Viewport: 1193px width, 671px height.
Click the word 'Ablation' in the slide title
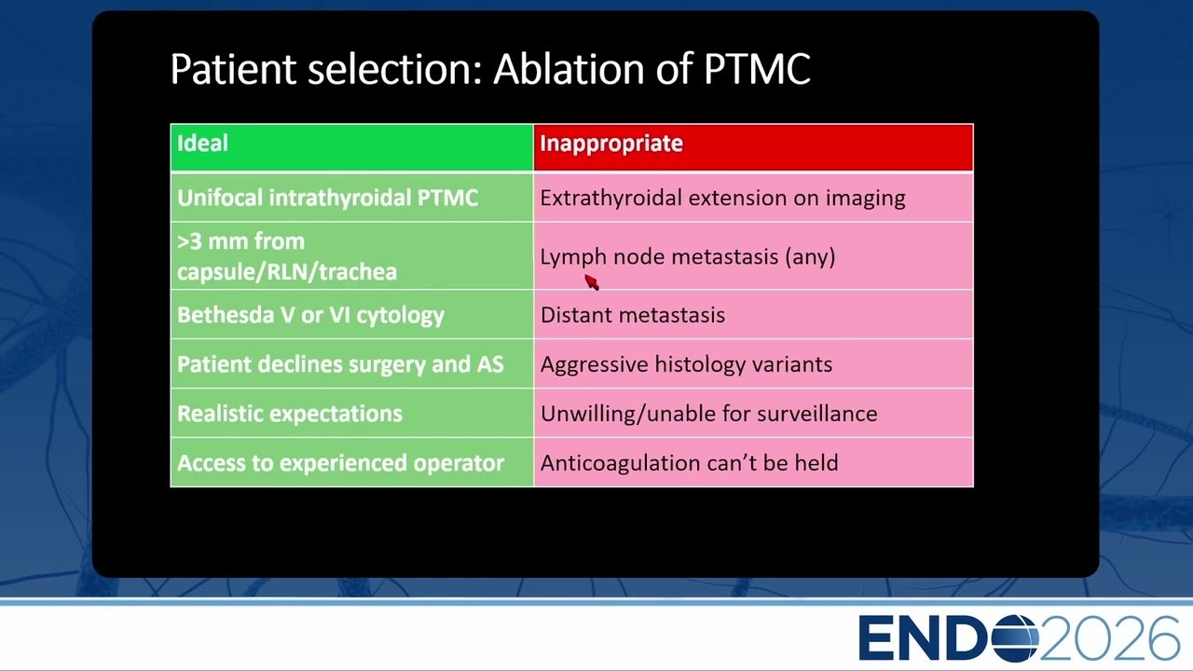pos(569,69)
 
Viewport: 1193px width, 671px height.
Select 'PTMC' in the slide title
pos(757,69)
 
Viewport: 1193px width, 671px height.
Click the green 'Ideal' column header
pos(351,147)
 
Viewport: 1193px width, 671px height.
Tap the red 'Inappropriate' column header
pos(753,147)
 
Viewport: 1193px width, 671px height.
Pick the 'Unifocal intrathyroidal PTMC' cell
pos(351,198)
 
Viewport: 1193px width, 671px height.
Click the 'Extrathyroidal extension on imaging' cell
pos(753,198)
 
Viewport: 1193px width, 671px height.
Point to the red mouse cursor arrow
pos(591,281)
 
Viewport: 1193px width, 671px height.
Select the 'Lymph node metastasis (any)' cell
pos(753,256)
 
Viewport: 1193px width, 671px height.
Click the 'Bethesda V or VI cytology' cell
pos(351,315)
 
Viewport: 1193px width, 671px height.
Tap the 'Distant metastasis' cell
pos(753,315)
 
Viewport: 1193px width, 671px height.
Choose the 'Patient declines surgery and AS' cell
pos(351,364)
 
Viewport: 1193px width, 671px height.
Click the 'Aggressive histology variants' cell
pos(753,364)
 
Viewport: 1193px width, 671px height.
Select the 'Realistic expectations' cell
pos(351,413)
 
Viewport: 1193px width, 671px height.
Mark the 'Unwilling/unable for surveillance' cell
pos(753,413)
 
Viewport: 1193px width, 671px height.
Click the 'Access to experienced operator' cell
pos(351,463)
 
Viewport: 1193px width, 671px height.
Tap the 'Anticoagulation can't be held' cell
pos(753,463)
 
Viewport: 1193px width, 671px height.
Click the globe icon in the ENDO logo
pos(1015,638)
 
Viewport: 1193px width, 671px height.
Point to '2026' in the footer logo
pos(1110,638)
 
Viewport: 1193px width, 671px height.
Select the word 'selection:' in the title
pos(394,69)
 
